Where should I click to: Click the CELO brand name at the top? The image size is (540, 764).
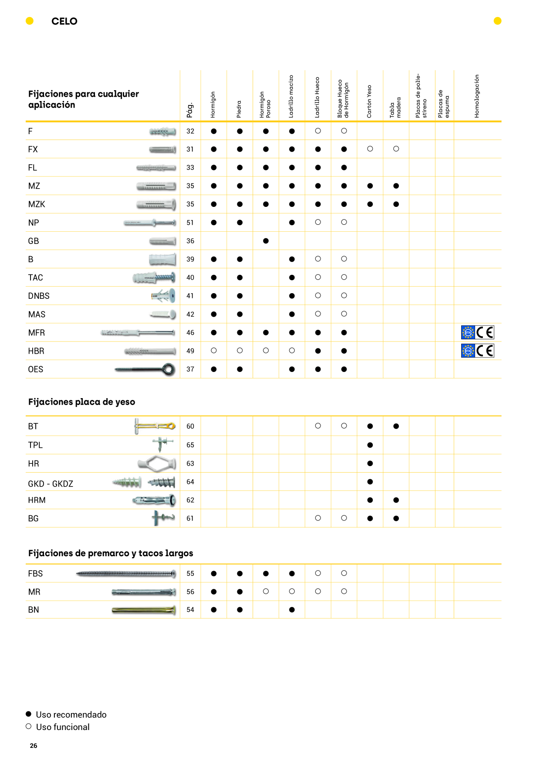pos(64,21)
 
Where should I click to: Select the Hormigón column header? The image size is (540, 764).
pos(213,105)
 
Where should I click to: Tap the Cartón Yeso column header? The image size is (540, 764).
pos(369,101)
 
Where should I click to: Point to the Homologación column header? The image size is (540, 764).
pos(477,96)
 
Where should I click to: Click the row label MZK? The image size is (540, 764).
pos(37,204)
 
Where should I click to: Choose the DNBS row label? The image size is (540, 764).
pos(39,296)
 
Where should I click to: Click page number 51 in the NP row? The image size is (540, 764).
pos(190,223)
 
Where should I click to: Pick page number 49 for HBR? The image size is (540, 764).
pos(190,351)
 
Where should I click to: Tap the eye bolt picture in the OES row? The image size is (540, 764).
pos(145,369)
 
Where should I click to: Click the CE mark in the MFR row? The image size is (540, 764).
pos(485,333)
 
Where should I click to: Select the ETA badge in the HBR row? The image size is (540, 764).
pos(468,351)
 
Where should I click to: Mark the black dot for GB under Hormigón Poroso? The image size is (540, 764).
pos(266,241)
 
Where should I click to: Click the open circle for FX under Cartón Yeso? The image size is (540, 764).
pos(370,149)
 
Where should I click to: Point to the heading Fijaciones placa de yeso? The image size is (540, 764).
pos(82,402)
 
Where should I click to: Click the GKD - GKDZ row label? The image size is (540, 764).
pos(51,484)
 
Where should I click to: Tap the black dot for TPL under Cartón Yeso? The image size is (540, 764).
pos(370,445)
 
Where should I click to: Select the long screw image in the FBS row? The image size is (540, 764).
pos(126,574)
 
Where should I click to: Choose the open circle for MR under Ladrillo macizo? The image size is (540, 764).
pos(292,592)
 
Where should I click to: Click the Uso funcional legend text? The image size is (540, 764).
pos(63,727)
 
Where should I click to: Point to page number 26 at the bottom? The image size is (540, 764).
pos(34,746)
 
